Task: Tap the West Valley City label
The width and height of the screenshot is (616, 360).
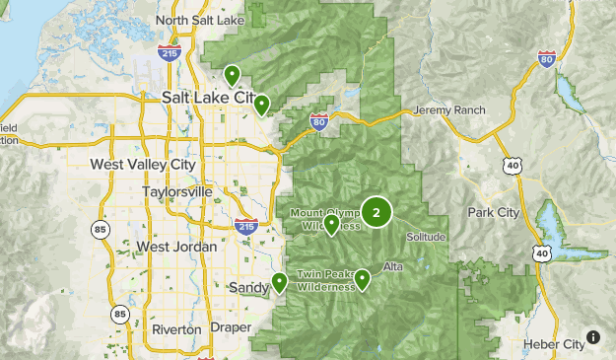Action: coord(142,164)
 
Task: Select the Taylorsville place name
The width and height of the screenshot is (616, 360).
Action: coord(176,191)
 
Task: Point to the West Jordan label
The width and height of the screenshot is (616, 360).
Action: coord(173,246)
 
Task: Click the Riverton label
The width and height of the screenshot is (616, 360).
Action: coord(176,328)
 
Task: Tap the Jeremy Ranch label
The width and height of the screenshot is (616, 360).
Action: coord(449,109)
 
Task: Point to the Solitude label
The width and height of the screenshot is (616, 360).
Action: coord(426,238)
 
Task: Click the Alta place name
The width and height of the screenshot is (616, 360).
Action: coord(392,267)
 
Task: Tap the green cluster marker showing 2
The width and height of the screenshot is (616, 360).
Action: coord(376,211)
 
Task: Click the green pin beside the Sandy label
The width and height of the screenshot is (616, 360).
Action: coord(280,283)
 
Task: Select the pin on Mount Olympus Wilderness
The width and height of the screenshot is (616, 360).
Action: coord(332,225)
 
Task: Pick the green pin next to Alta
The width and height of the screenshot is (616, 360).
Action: coord(363,279)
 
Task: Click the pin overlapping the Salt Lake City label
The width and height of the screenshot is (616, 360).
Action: coord(261,105)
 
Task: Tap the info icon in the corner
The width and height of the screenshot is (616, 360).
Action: coord(592,337)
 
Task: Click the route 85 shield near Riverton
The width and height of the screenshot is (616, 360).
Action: coord(120,315)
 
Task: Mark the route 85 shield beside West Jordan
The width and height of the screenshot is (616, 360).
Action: coord(101,231)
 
